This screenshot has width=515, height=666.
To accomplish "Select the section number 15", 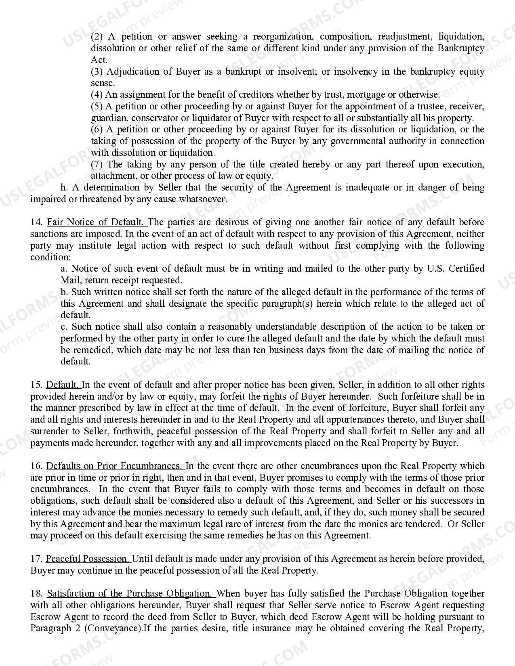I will [x=36, y=385].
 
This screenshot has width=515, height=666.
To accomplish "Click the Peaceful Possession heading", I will [x=88, y=559].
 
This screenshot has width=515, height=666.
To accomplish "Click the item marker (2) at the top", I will [x=97, y=37].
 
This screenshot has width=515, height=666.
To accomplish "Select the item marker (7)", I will [x=97, y=165].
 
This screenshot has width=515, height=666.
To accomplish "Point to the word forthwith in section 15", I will [x=133, y=431].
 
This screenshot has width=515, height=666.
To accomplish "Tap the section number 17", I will [x=36, y=559].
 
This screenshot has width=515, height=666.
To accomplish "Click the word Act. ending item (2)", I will [x=99, y=60].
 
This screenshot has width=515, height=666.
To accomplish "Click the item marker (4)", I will [x=97, y=95].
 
